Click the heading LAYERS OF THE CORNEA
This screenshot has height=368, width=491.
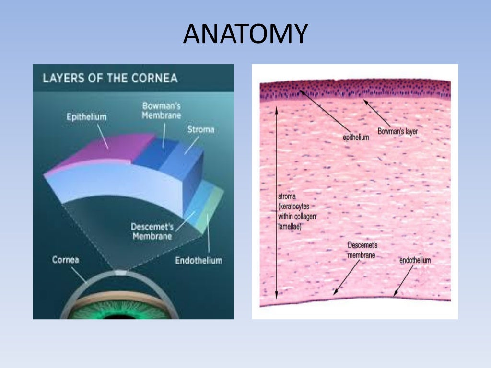click(110, 78)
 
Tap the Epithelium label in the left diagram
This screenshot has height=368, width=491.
click(87, 116)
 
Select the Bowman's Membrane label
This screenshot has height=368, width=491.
click(161, 111)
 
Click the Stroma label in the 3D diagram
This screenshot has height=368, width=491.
click(201, 129)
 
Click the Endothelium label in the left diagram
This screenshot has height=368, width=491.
click(199, 261)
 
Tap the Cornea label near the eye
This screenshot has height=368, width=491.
click(65, 260)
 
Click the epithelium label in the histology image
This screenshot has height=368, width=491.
click(356, 138)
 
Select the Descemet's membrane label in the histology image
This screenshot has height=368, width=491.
click(362, 250)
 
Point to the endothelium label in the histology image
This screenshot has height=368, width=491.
click(415, 260)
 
